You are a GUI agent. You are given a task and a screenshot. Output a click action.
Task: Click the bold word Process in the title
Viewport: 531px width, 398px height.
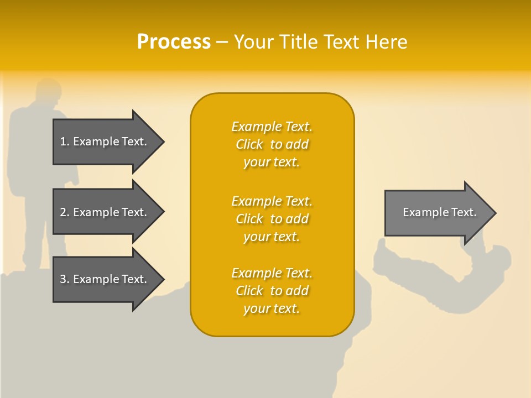(174, 42)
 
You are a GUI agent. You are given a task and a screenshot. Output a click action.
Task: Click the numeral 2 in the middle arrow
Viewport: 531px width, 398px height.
(63, 212)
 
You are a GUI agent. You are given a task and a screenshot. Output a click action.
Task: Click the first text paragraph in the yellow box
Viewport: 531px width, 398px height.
(272, 144)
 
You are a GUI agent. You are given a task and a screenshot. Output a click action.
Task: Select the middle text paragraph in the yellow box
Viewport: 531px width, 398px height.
(272, 219)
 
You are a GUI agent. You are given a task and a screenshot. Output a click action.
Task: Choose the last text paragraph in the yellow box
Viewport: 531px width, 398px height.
(272, 291)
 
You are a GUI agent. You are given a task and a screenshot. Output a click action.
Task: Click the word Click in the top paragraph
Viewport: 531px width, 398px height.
(249, 144)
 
